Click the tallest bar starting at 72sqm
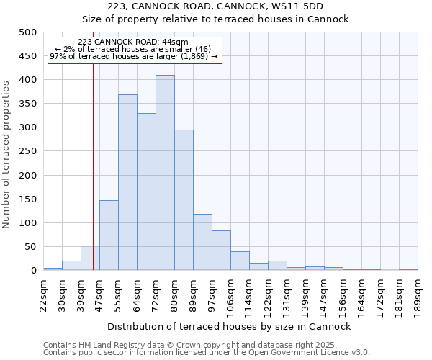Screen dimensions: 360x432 pos(165,173)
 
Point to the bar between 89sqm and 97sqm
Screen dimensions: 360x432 pos(202,242)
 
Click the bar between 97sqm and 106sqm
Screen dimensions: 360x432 pos(221,251)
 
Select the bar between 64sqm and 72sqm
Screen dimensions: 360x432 pos(146,192)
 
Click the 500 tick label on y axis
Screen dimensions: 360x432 pos(27,32)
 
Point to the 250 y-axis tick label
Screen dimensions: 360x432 pos(27,151)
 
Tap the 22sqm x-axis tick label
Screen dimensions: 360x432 pos(44,294)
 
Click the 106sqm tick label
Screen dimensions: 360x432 pos(231,294)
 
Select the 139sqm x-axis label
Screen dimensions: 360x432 pos(306,294)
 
